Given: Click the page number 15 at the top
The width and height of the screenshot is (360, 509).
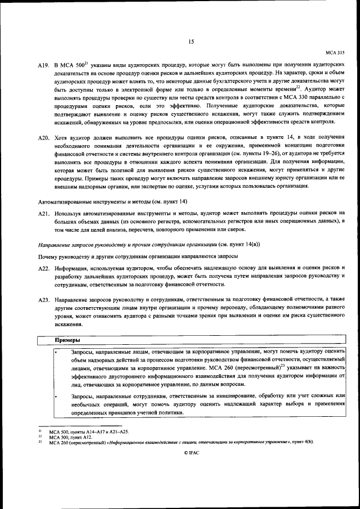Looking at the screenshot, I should [x=191, y=41].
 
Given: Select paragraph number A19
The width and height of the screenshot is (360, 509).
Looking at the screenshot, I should [x=44, y=66].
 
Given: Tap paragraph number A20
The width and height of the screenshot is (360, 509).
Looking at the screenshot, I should [x=44, y=137].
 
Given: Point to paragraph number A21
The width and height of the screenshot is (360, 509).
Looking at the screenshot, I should [x=44, y=213].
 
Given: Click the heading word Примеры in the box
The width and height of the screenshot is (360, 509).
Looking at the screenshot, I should [x=67, y=340].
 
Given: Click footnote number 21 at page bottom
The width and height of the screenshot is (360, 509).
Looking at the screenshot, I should [x=40, y=431].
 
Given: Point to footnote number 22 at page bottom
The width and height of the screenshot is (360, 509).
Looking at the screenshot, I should [x=40, y=436].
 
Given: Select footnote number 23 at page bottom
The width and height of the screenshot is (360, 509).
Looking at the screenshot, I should [x=40, y=442].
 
